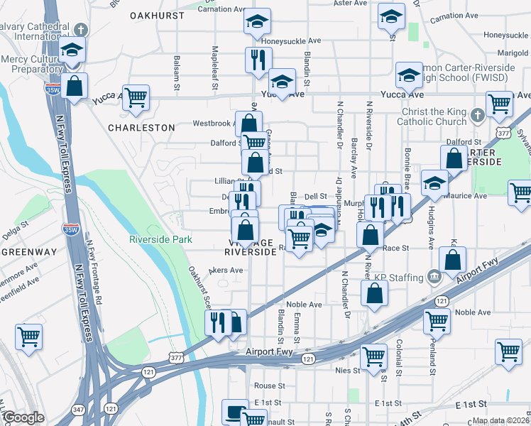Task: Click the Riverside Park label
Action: point(160,239)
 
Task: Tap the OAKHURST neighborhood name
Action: point(157,15)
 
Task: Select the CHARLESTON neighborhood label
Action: point(141,128)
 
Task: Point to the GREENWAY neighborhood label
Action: point(28,252)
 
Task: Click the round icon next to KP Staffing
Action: point(434,275)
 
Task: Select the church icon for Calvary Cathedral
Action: point(82,30)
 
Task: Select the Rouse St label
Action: point(270,386)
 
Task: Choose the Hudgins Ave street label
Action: point(431,229)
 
